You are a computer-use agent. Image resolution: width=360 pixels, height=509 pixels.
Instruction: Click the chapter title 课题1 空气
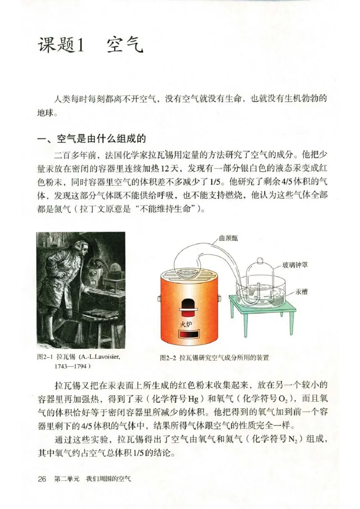point(90,45)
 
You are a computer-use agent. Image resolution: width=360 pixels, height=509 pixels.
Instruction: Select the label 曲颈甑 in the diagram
point(228,238)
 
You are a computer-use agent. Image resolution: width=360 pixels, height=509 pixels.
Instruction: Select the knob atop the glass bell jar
point(260,262)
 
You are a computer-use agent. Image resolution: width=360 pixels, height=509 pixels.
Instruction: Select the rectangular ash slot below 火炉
point(186,335)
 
